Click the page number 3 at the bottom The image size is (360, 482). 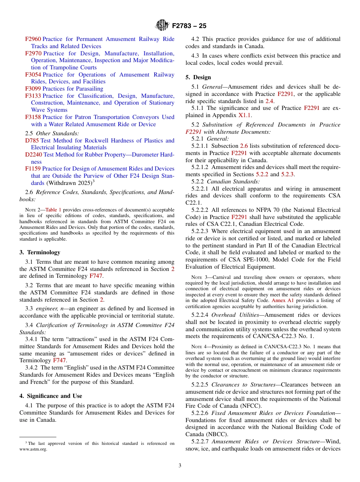click(x=180, y=466)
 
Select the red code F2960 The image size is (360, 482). click(x=33, y=39)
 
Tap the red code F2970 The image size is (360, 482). click(x=33, y=53)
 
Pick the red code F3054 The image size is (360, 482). click(x=33, y=75)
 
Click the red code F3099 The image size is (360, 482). click(x=33, y=89)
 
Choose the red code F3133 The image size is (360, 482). click(x=33, y=96)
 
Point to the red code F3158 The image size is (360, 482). click(x=33, y=117)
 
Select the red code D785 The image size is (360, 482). click(x=32, y=141)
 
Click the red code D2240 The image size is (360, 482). click(x=34, y=155)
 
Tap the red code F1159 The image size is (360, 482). click(x=33, y=169)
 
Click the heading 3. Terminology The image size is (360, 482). click(x=40, y=252)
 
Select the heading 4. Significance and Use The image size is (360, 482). click(x=51, y=396)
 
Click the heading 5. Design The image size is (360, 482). click(x=198, y=77)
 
